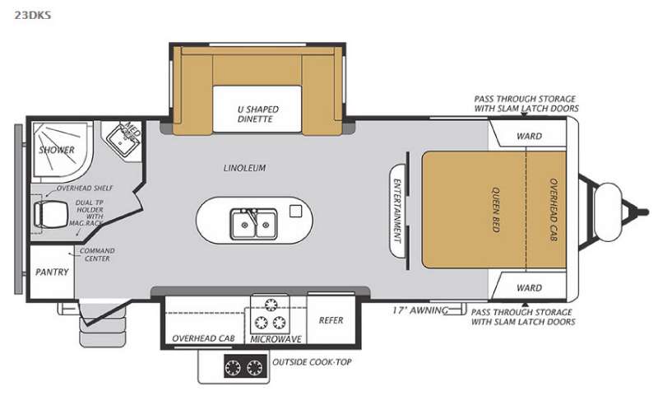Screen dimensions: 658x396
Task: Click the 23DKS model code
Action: [33, 15]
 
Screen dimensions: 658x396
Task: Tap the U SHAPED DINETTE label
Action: [257, 114]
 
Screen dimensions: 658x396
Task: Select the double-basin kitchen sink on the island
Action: [253, 223]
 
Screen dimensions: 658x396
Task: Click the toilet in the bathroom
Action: [50, 214]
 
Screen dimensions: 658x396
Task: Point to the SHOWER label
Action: [57, 150]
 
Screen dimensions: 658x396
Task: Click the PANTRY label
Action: [52, 273]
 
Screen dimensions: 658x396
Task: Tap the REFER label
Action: [331, 320]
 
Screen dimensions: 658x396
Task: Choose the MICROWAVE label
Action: [276, 339]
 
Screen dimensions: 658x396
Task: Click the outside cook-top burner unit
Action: [245, 366]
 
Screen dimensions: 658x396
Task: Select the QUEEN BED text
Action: [496, 210]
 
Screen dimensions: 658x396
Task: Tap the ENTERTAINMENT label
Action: [396, 211]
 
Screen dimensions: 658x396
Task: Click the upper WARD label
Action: [529, 136]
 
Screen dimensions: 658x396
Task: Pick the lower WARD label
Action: [529, 288]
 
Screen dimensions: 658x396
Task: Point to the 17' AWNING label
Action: [420, 310]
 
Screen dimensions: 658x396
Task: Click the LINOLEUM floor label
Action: [244, 168]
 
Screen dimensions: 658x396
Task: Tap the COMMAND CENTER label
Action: [97, 254]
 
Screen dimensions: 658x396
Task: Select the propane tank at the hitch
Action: [607, 212]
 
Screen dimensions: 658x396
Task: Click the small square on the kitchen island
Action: [296, 212]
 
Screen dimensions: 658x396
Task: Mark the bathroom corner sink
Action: [122, 142]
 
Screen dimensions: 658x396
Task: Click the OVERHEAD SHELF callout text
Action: [85, 189]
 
